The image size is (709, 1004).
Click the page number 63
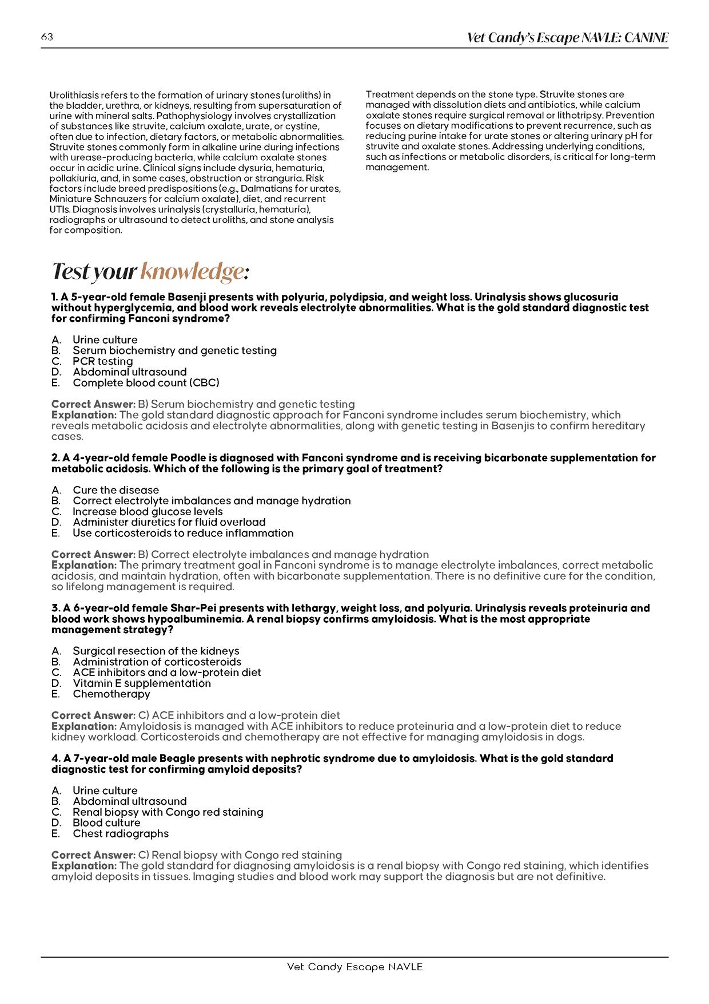coord(47,37)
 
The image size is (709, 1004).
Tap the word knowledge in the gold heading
coord(192,271)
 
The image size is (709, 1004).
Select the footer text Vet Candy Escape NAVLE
coord(354,967)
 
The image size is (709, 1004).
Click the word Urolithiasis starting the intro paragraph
coord(73,95)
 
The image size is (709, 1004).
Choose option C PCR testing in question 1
coord(102,361)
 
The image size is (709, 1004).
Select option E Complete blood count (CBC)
coord(146,382)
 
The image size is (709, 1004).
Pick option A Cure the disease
coord(115,490)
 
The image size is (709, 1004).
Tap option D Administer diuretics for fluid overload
coord(169,522)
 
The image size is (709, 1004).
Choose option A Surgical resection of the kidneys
coord(156,651)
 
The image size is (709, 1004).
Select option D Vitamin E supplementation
coord(141,683)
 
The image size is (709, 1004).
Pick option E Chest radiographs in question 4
coord(120,833)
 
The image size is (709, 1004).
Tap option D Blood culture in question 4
coord(106,823)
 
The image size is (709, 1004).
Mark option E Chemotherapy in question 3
coord(111,694)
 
